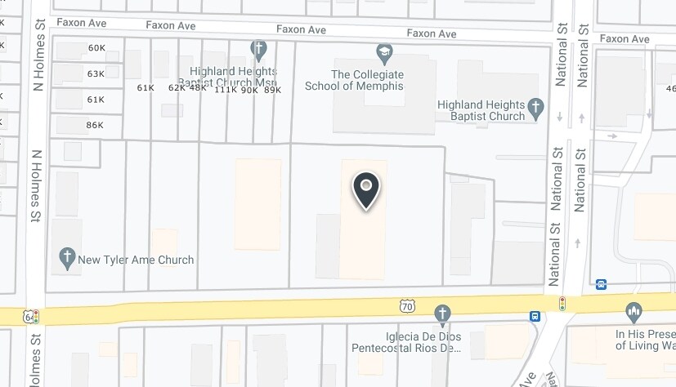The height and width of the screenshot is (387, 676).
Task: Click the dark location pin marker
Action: pyautogui.click(x=366, y=190)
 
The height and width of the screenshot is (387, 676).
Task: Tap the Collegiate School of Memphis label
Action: pyautogui.click(x=355, y=80)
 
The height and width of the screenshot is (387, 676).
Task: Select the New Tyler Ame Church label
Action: pyautogui.click(x=136, y=260)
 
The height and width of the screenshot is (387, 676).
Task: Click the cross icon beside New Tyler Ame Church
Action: pyautogui.click(x=68, y=260)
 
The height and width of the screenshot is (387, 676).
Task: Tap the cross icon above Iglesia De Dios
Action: pyautogui.click(x=442, y=314)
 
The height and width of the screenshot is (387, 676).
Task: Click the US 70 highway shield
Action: pyautogui.click(x=407, y=306)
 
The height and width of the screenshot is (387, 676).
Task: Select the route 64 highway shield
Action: pyautogui.click(x=29, y=316)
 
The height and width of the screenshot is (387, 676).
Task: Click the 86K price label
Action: pyautogui.click(x=95, y=126)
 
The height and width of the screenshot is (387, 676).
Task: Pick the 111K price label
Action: pyautogui.click(x=225, y=90)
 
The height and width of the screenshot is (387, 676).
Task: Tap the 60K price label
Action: pyautogui.click(x=97, y=48)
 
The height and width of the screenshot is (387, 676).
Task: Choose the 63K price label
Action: pyautogui.click(x=96, y=74)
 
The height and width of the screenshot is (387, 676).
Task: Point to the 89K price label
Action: pyautogui.click(x=272, y=90)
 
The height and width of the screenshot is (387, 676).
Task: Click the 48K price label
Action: pyautogui.click(x=198, y=87)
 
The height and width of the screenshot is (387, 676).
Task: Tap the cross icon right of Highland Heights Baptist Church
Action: pyautogui.click(x=535, y=107)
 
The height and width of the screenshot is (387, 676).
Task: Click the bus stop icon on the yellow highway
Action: pyautogui.click(x=535, y=317)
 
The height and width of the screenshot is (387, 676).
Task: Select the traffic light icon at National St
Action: pyautogui.click(x=562, y=304)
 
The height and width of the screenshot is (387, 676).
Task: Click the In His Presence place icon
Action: pyautogui.click(x=633, y=312)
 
